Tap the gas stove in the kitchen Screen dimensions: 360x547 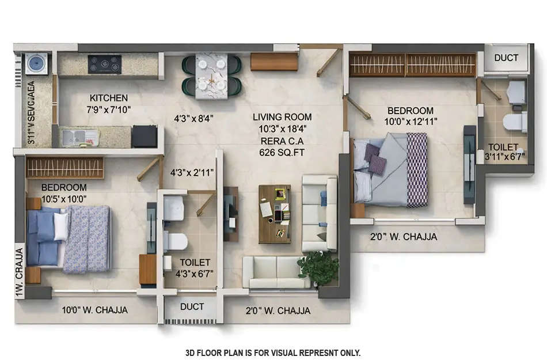coord(105,63)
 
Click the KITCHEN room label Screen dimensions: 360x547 coord(108,98)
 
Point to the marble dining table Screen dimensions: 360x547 coord(211,75)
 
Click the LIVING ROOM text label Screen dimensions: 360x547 coord(282,117)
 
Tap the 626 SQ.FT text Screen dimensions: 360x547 coord(282,153)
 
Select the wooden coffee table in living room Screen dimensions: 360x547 coord(274,213)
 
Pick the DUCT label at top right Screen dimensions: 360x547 coord(506,58)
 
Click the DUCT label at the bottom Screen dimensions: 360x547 coord(192,306)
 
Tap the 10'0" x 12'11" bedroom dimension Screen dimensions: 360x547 coord(411,121)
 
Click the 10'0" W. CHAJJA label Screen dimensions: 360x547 coord(94,310)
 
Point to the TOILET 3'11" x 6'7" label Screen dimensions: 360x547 coord(503,151)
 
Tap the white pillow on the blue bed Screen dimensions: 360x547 coord(60,226)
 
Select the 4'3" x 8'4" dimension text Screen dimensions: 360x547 coord(193,119)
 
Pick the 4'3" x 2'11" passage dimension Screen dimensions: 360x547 coord(192,172)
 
